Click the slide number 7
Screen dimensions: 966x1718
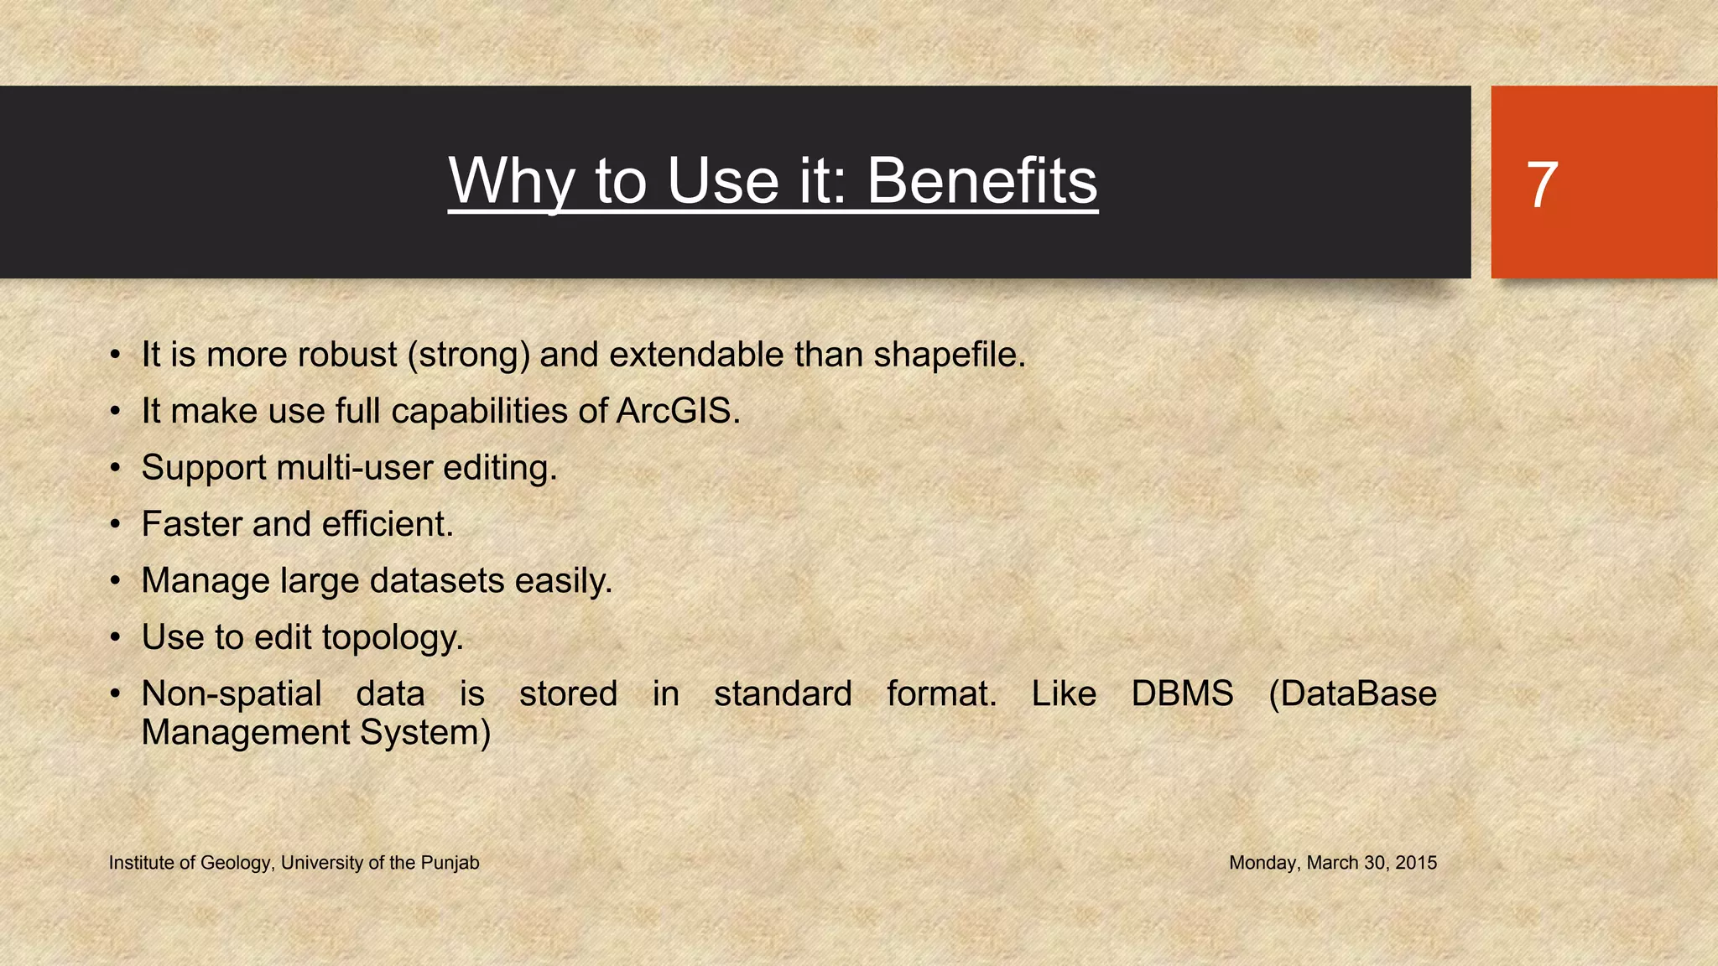(x=1542, y=185)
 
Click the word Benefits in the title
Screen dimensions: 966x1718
(x=981, y=181)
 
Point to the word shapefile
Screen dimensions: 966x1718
(x=949, y=355)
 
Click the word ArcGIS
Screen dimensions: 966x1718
(x=678, y=411)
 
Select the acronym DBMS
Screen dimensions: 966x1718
(x=1182, y=694)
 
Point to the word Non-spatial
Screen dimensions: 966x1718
(x=232, y=694)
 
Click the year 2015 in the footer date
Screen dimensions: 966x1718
(x=1416, y=863)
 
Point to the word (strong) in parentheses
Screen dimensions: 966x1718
(x=469, y=356)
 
